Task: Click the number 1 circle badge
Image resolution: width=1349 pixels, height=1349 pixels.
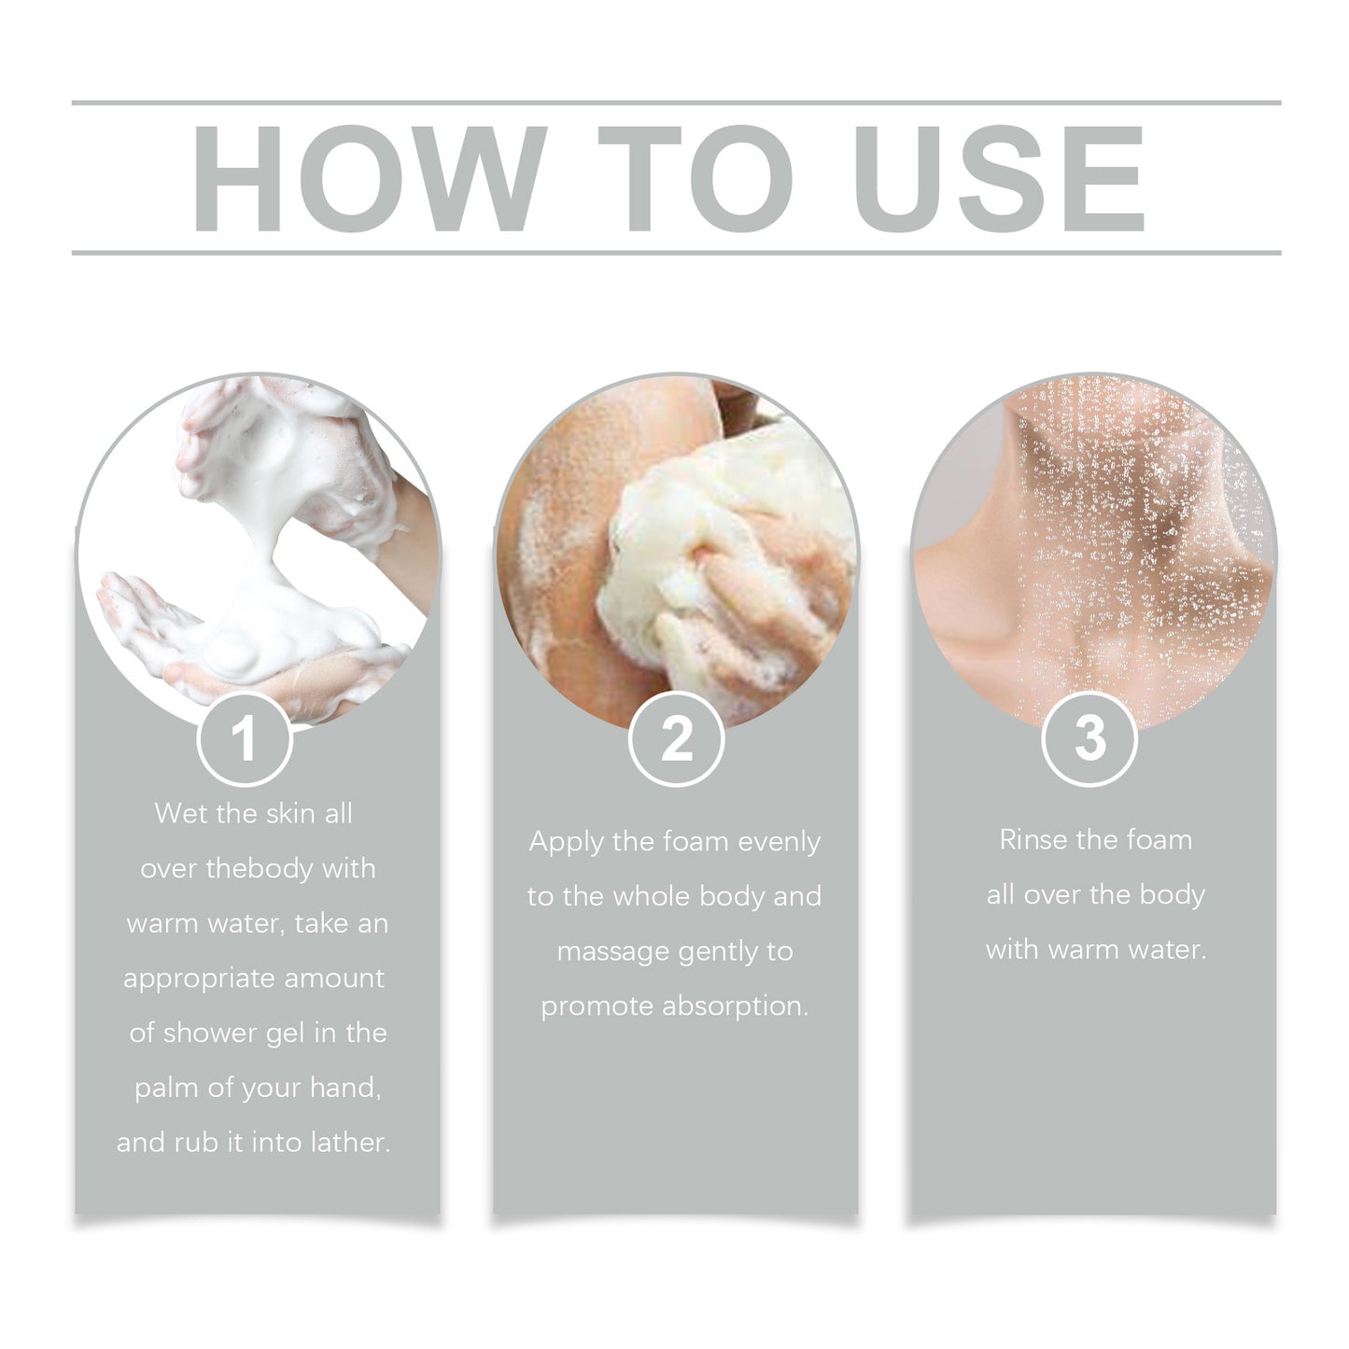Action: (x=245, y=739)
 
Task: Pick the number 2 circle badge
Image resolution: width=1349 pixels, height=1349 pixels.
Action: (x=676, y=739)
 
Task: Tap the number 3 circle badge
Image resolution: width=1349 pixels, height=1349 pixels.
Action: (x=1089, y=739)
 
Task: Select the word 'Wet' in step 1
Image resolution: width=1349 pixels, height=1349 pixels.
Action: (x=181, y=813)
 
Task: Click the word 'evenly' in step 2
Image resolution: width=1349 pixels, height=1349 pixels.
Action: (x=779, y=842)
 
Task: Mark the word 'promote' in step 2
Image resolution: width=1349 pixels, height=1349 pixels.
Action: (x=597, y=1006)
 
